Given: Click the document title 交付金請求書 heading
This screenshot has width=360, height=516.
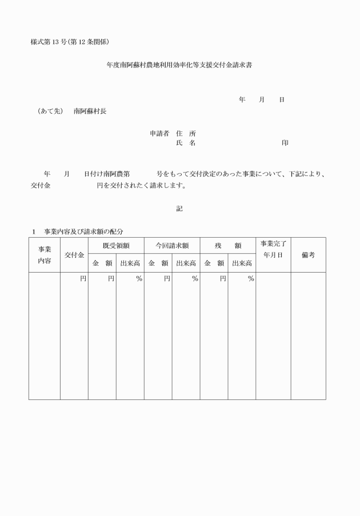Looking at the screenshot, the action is (x=179, y=65).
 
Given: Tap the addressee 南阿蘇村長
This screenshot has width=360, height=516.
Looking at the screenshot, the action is (x=90, y=111).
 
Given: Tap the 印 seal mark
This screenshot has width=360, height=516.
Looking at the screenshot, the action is (x=285, y=143).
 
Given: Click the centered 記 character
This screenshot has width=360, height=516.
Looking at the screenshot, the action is (x=179, y=209).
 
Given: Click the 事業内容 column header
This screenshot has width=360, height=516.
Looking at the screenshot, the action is (x=45, y=255).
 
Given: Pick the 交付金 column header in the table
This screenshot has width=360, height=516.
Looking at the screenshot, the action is (x=74, y=255).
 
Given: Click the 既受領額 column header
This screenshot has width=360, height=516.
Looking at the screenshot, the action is (x=115, y=245).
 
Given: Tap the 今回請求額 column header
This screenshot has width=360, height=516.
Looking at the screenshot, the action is (x=171, y=245).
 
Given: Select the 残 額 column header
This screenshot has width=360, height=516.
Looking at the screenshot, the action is (x=227, y=245).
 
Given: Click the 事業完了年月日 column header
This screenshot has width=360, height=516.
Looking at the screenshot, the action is (x=273, y=249).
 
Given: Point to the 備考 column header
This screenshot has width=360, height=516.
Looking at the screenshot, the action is (x=308, y=255).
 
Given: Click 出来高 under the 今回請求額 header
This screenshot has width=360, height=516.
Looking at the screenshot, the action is (x=186, y=263).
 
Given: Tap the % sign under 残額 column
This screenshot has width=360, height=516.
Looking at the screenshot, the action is (x=250, y=279).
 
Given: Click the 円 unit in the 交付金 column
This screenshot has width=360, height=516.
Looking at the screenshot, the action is (x=83, y=279).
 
